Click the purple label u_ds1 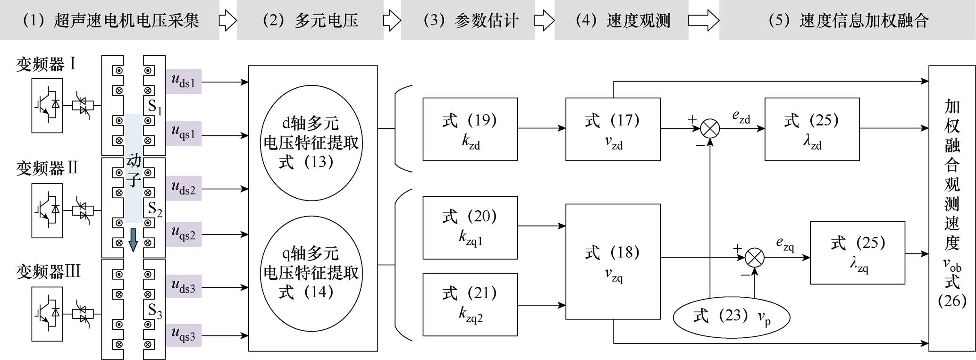183,82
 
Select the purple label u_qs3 183,335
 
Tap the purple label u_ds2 183,189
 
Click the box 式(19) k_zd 470,129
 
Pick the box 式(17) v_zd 613,129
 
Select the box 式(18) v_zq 613,261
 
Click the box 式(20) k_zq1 470,227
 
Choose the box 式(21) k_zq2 470,304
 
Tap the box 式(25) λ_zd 812,129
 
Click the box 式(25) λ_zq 857,252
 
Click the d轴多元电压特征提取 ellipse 311,143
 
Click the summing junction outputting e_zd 710,128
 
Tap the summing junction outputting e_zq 754,258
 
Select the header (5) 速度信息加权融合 848,20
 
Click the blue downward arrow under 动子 134,240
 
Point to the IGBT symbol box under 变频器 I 47,105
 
